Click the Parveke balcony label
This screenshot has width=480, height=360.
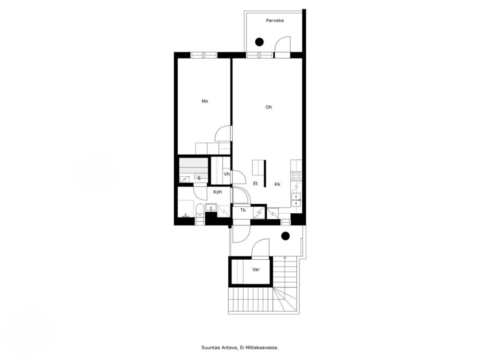(x=275, y=21)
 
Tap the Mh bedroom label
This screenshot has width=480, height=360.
(x=205, y=101)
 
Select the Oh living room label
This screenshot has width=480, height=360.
(x=269, y=107)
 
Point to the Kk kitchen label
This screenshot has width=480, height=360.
(x=277, y=184)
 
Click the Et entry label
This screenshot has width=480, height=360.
(x=255, y=183)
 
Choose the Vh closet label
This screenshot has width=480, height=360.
(x=226, y=174)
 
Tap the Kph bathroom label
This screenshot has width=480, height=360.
(x=217, y=192)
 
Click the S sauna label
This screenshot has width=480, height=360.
(x=199, y=178)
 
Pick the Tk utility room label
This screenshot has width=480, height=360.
(x=243, y=210)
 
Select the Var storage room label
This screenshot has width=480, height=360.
(x=256, y=270)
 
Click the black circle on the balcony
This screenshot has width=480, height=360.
(x=259, y=42)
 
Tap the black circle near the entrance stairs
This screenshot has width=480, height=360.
(x=285, y=236)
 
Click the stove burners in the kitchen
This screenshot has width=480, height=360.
(x=296, y=176)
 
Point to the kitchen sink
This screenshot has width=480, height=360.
(x=296, y=200)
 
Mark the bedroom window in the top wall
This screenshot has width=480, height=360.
(x=204, y=55)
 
